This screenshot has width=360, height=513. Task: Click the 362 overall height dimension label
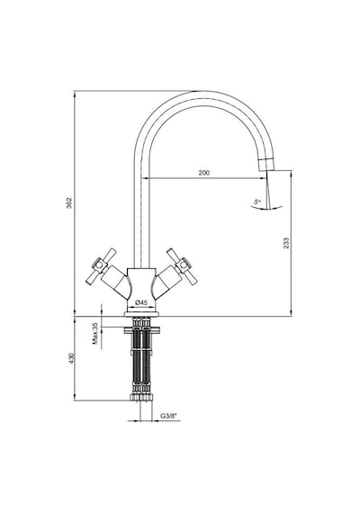pos(69,202)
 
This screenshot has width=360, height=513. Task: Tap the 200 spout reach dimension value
pos(204,173)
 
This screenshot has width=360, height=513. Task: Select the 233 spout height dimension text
pos(286,243)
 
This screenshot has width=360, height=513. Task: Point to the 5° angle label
pos(257,202)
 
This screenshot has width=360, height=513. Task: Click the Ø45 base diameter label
pos(140,302)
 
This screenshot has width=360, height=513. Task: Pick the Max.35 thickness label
pos(95,333)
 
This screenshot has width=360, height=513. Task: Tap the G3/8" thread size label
pos(168,416)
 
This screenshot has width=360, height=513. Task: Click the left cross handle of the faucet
pos(101,265)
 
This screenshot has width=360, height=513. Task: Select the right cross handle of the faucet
pos(182,265)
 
